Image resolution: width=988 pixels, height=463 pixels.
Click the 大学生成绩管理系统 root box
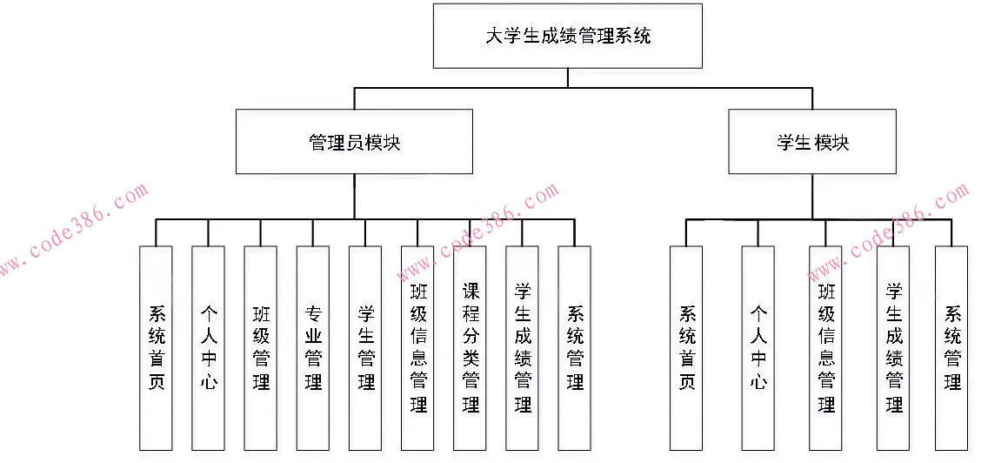568,36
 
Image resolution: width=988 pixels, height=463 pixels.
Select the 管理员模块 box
355,141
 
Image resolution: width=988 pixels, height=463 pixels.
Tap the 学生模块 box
812,141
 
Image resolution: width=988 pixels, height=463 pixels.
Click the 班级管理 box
261,347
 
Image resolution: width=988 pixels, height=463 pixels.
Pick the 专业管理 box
313,347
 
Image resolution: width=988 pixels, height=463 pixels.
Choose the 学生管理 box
365,347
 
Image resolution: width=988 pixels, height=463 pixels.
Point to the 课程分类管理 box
471,347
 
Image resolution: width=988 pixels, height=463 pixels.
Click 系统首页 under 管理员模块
157,347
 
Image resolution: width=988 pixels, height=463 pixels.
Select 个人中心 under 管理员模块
209,347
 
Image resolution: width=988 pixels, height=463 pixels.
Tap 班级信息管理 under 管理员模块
417,347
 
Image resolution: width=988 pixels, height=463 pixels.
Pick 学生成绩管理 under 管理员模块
523,347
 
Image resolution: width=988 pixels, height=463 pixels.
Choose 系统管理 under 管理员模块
575,347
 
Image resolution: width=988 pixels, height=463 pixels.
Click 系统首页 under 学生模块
686,347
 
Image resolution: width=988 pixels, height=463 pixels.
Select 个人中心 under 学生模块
758,347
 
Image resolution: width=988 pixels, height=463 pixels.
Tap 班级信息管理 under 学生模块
825,347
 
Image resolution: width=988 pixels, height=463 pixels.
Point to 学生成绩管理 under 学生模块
893,347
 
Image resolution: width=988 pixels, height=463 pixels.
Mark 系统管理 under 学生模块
951,347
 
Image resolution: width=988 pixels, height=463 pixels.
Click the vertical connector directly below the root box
568,77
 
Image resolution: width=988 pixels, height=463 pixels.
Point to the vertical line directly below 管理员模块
355,196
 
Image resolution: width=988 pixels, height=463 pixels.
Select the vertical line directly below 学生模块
812,196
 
